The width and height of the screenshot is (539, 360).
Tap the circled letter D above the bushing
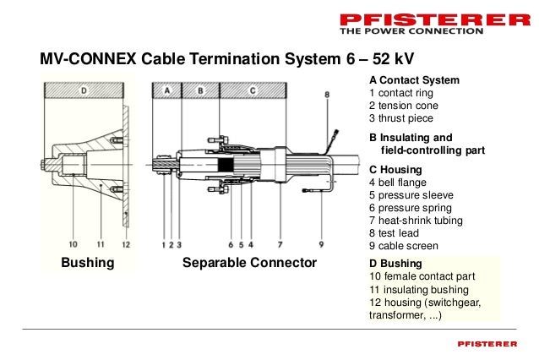click(x=83, y=90)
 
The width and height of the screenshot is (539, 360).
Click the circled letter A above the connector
click(x=167, y=90)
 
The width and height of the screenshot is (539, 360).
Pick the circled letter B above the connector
click(x=200, y=90)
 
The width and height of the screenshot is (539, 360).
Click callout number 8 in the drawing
click(x=327, y=95)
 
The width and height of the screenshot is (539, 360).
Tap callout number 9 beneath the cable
click(x=322, y=245)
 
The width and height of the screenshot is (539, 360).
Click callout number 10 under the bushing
click(x=73, y=245)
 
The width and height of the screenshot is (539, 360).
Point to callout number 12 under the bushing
click(x=126, y=245)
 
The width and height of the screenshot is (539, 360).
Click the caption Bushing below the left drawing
click(x=87, y=263)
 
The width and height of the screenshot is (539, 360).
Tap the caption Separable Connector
click(x=249, y=263)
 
